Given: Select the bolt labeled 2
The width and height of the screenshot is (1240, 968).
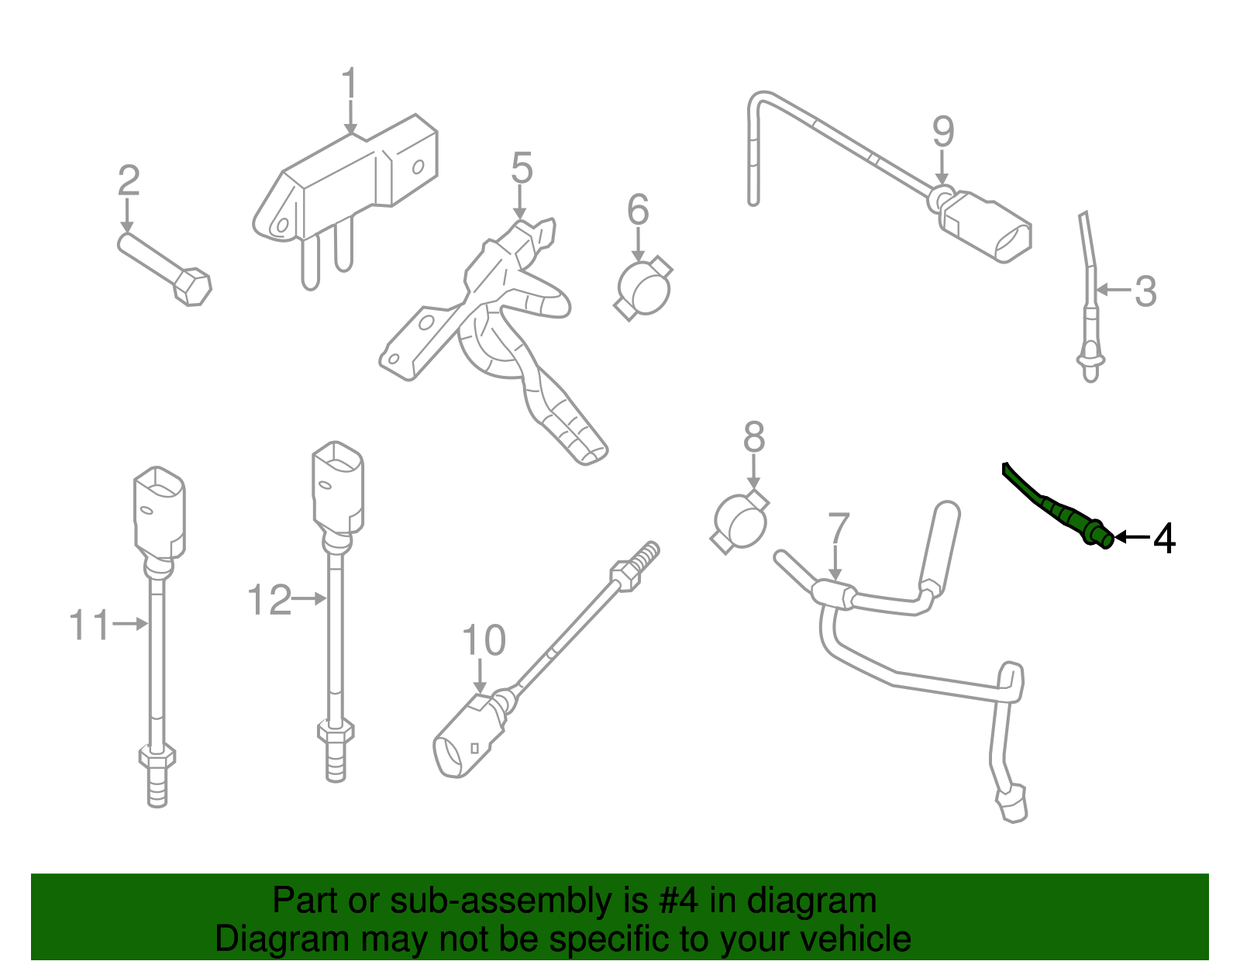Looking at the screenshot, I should tap(164, 267).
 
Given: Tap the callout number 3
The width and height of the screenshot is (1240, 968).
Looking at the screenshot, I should tap(1145, 291).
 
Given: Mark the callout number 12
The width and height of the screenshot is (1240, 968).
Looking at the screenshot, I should tap(269, 601).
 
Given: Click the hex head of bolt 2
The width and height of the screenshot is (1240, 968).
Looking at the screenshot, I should tap(191, 287).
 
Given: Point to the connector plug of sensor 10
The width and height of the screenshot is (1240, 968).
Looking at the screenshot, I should tap(467, 736).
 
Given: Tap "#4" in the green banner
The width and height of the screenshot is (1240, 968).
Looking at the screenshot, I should tap(679, 901).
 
